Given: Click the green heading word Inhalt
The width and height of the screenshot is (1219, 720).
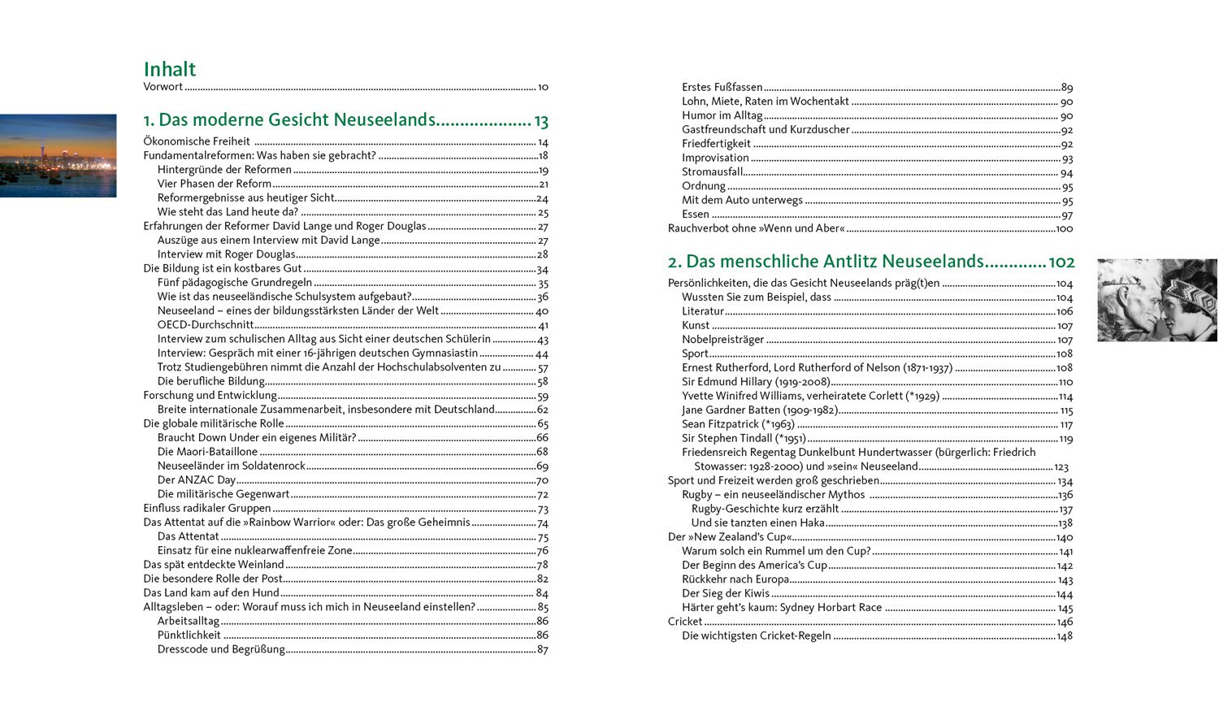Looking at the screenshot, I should pos(170,69).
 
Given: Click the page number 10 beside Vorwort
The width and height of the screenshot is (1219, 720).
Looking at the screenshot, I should pos(543,87).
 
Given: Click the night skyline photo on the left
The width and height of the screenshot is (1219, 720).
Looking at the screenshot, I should pos(58,155).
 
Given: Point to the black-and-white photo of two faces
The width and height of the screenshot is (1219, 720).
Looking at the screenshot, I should pos(1156,300).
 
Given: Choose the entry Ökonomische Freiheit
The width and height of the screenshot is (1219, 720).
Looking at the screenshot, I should pos(197,141).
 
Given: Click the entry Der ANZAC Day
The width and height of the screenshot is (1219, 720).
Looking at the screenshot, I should pos(197,479).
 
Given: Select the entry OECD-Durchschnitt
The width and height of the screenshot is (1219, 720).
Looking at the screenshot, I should pos(206,324).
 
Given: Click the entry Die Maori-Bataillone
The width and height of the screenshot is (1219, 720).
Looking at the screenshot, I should pos(207,452).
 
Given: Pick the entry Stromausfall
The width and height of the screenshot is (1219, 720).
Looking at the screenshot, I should pos(712,172).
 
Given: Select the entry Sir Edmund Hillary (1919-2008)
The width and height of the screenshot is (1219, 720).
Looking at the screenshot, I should pos(756,382).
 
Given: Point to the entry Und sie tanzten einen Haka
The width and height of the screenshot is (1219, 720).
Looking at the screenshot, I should pos(757,523).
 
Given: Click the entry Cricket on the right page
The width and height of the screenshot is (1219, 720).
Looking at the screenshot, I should pos(685,622).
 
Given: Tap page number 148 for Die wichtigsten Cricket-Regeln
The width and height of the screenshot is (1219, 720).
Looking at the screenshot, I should pos(1065,636).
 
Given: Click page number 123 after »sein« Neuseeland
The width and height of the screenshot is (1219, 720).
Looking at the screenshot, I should pos(1061,467).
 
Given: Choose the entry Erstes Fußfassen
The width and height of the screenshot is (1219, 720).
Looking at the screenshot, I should pos(722,87).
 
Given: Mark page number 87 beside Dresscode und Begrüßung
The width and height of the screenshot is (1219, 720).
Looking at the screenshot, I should pos(543,649).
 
